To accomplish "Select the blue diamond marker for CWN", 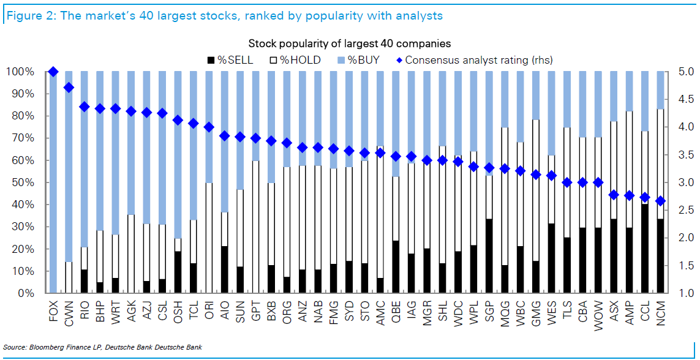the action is click(69, 88).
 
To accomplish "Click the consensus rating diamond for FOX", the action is click(53, 72).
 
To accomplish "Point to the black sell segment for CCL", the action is click(645, 249).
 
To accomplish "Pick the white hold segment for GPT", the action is click(256, 227).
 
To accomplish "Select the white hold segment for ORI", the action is click(209, 238).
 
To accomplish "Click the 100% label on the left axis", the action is click(19, 72).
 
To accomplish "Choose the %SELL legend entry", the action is click(230, 60).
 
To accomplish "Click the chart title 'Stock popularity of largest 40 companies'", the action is click(350, 43).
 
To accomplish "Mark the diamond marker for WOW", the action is click(598, 182).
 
